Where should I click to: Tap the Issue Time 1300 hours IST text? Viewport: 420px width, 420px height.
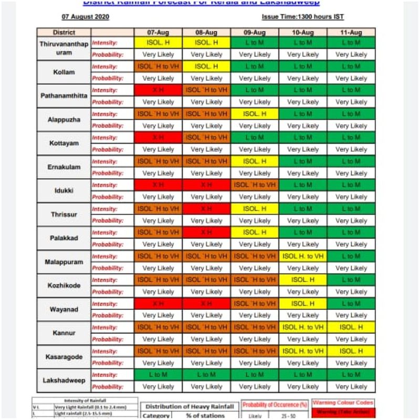303,17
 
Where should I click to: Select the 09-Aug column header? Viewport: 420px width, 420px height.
254,33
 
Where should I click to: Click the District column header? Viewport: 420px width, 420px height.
64,33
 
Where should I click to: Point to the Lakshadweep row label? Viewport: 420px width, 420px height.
64,381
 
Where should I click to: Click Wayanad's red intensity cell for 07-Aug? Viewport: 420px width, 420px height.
158,304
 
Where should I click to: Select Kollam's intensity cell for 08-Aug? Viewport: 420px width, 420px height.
206,67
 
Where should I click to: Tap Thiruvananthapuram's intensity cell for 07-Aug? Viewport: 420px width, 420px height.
158,43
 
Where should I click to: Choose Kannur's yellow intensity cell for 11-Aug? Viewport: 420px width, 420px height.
351,327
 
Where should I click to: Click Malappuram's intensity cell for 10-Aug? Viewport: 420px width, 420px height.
303,256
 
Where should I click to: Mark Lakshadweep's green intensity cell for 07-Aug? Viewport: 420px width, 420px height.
158,375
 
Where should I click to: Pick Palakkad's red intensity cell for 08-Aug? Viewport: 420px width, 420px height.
206,233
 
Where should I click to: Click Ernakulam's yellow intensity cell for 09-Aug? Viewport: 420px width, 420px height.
255,161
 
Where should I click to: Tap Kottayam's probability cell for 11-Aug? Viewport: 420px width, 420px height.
351,150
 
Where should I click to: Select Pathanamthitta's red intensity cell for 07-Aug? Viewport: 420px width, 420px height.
158,90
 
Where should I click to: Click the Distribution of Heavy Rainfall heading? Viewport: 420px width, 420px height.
189,406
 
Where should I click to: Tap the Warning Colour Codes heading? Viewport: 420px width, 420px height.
343,403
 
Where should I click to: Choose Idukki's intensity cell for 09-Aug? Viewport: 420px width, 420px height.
255,185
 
